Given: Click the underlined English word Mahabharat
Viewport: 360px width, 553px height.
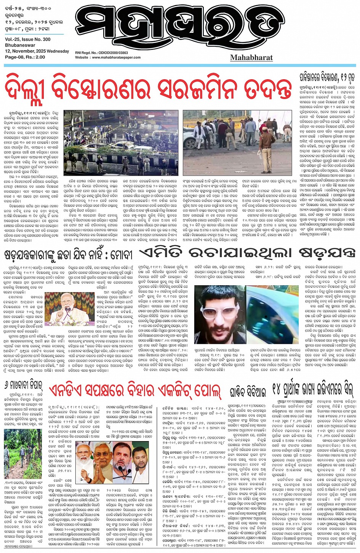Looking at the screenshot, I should [251, 58].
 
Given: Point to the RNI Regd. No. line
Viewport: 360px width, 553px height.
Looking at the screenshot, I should [101, 53].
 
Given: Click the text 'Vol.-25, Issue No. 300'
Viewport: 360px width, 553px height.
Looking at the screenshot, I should [27, 39].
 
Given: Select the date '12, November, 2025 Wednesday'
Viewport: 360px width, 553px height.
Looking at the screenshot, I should [37, 51].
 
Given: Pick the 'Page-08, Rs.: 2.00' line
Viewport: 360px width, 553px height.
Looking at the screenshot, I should [25, 57].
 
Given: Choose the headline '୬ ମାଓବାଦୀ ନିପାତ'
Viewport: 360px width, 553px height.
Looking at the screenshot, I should [24, 384].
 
